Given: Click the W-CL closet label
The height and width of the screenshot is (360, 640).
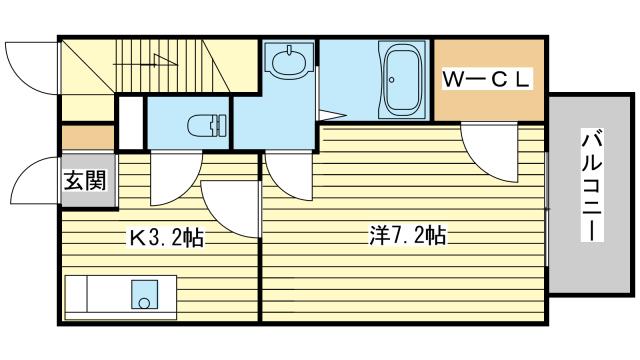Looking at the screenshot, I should [x=488, y=77].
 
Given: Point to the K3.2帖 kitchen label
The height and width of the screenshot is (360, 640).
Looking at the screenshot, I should [x=166, y=237].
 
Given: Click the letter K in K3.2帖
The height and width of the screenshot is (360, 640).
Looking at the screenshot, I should [x=133, y=237].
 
